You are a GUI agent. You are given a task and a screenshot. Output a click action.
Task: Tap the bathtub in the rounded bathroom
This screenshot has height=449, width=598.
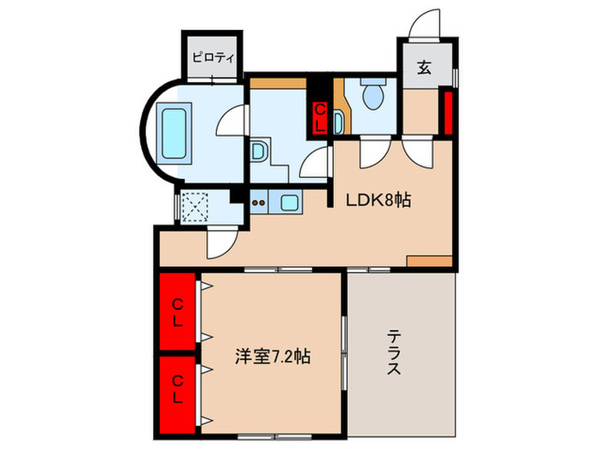pos(178,134)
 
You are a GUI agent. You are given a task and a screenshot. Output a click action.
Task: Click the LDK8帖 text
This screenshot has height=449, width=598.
pos(378,201)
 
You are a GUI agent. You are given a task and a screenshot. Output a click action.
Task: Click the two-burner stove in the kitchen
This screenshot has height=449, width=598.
pos(261,203)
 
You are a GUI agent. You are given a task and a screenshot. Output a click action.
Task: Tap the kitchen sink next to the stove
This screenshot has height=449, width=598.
pos(290,203)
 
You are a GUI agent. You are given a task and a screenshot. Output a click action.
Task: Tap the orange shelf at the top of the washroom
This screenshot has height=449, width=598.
pos(277,84)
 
